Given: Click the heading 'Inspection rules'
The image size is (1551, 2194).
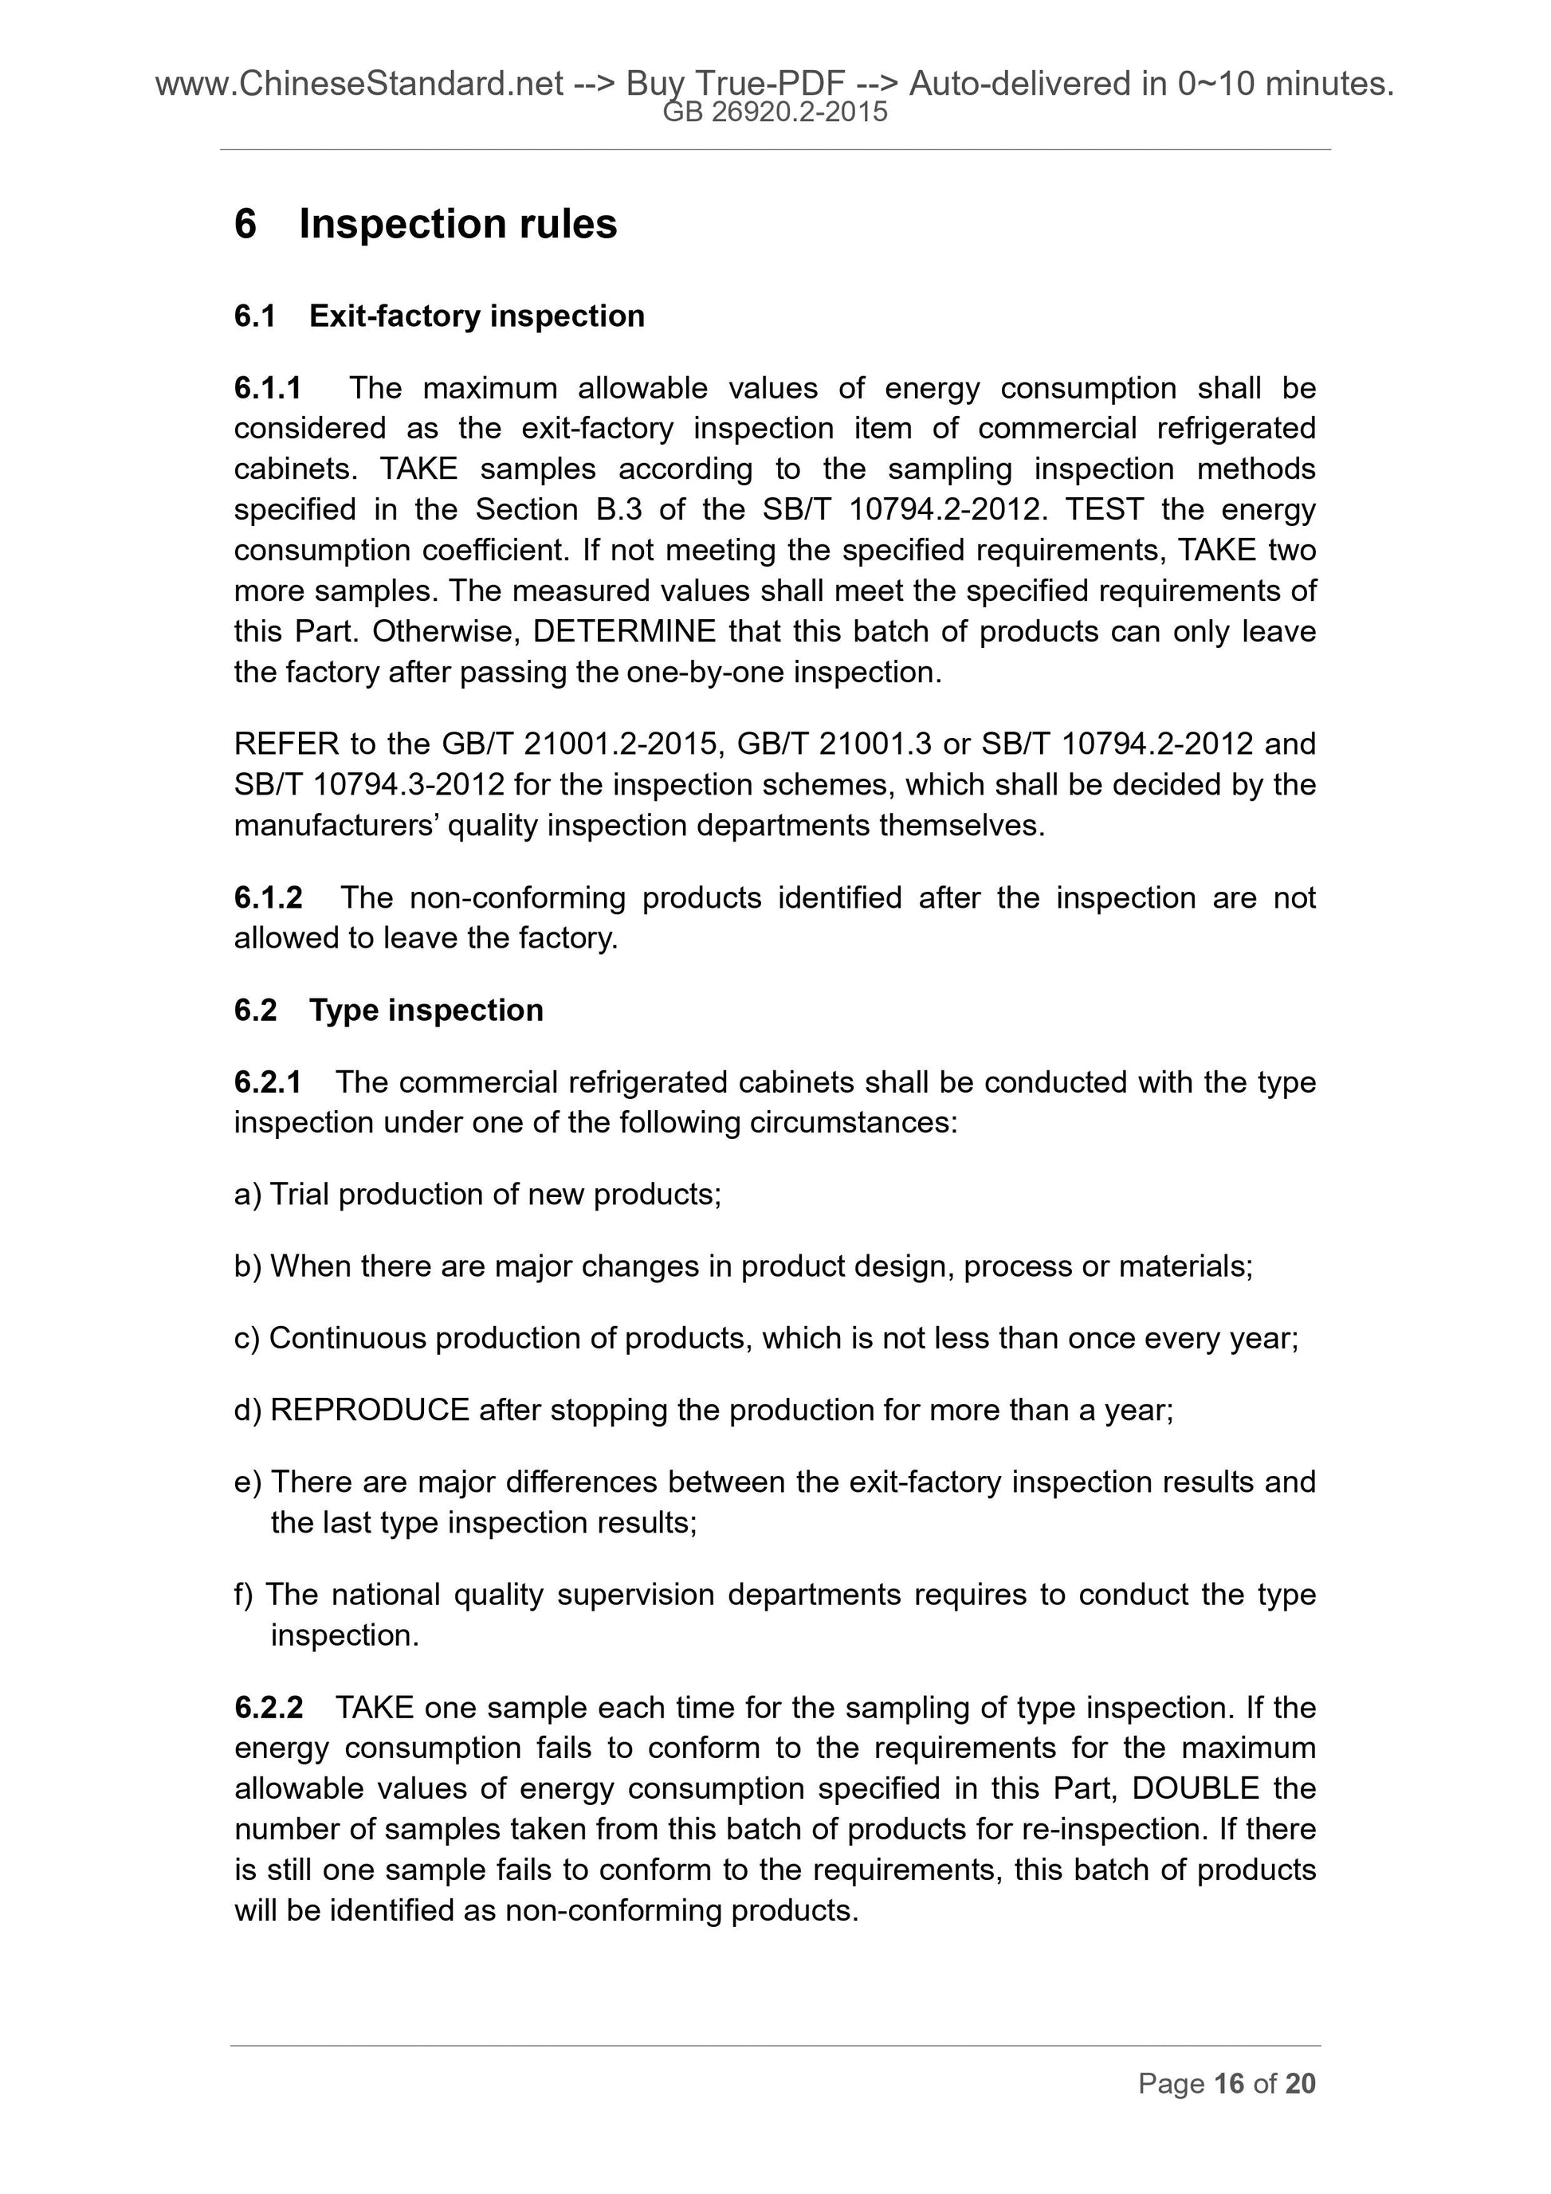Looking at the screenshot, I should coord(457,225).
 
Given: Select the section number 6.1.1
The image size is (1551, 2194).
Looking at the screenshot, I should coord(268,388).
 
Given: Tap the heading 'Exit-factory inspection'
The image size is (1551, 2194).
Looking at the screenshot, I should coord(476,316).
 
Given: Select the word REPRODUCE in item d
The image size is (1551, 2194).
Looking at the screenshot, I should coord(370,1410).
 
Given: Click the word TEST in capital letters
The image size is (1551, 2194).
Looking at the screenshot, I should coord(1104,509).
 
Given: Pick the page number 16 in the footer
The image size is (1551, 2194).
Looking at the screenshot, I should coord(1228,2084).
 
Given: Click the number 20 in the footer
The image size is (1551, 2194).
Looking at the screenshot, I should coord(1301,2084).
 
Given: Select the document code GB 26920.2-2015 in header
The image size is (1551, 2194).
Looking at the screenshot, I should coord(775,112).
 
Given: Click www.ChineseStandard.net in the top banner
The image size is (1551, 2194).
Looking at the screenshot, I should coord(359,85).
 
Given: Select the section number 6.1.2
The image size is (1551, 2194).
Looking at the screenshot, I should coord(268,897).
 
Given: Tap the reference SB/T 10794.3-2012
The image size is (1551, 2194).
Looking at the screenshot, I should coord(369,784).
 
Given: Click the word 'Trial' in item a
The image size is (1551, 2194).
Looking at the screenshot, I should coord(299,1195).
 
